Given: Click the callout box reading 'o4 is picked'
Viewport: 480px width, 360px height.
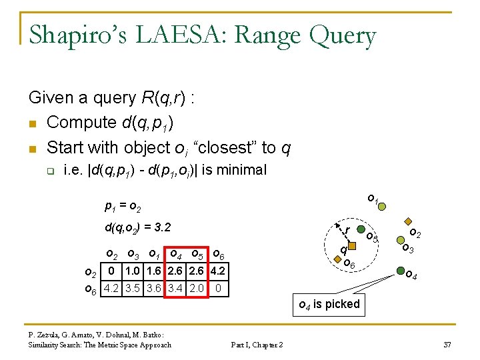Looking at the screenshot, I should [329, 304].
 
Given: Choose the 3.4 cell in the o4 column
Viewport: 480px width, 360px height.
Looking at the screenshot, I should [176, 289].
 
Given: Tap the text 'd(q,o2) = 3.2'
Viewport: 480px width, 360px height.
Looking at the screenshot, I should [138, 228].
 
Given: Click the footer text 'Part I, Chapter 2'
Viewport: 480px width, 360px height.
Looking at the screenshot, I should [257, 345].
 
